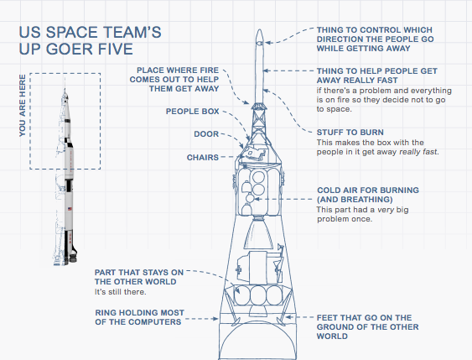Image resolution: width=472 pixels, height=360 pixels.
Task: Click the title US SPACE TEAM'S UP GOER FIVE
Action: [90, 40]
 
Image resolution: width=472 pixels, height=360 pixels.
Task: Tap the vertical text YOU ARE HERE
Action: [23, 106]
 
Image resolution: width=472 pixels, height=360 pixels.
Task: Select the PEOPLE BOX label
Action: [192, 112]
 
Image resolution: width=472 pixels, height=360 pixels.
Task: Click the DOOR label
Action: [206, 134]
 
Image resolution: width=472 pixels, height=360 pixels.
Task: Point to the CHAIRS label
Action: [203, 158]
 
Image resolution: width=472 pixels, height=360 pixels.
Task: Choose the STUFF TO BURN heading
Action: [350, 133]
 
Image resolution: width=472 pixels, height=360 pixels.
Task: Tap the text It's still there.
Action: [121, 292]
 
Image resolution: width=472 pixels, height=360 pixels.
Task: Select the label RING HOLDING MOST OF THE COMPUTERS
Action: [139, 317]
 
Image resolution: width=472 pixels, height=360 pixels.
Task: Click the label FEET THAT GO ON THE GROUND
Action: [367, 327]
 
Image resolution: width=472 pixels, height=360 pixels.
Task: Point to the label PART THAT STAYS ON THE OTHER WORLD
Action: [139, 277]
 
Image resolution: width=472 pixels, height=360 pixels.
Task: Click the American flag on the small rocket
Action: [70, 208]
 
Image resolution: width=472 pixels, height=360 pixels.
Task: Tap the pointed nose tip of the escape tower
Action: [260, 30]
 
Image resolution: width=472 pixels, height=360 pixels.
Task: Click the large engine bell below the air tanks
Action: [258, 233]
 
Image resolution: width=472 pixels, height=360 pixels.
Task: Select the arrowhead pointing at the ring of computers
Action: [215, 318]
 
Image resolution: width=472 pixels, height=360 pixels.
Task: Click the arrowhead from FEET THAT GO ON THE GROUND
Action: [288, 317]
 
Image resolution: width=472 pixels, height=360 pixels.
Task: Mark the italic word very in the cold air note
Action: [386, 210]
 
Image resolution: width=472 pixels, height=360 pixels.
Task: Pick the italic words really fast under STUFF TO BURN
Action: [418, 152]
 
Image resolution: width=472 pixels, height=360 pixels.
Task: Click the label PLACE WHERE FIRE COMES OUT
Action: [174, 80]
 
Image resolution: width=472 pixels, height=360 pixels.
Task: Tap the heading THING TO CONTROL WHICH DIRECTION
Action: [375, 39]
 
